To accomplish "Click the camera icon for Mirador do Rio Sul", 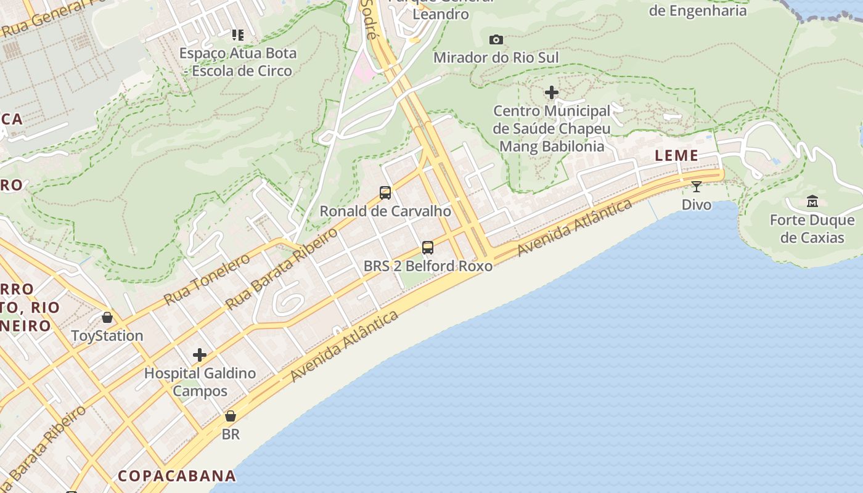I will pos(496,40).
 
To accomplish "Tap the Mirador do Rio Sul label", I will pos(496,58).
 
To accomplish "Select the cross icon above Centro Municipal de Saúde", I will pos(552,93).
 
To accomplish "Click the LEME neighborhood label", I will pos(677,156).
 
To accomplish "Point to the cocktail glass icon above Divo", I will pos(697,186).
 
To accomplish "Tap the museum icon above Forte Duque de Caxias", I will pos(812,202).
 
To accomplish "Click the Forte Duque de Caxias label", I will pos(812,229).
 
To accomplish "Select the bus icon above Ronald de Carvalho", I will pos(385,193).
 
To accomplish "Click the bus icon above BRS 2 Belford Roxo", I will pos(428,248).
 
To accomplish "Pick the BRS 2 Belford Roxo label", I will pos(428,266).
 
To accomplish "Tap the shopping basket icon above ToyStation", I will pos(107,318).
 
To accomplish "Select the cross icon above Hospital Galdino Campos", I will pos(200,355).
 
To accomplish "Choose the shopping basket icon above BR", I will pos(231,416).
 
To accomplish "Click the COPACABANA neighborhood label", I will pos(177,476).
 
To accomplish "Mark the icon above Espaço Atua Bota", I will pos(238,35).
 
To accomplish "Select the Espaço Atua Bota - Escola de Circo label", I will pos(238,62).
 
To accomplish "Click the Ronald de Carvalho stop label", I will pos(385,211).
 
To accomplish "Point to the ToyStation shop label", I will pos(107,336).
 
